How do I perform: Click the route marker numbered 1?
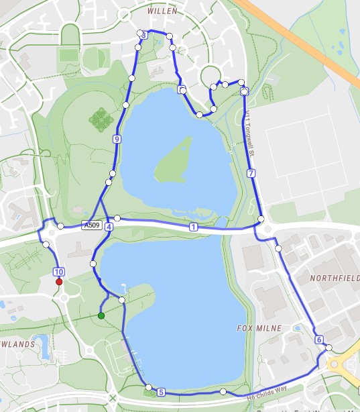coord(194,227)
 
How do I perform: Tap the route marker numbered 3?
coord(143,36)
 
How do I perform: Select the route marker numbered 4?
coord(109,227)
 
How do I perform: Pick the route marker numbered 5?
coord(161,392)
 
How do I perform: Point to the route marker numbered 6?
coord(318,339)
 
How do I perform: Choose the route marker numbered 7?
coord(251,173)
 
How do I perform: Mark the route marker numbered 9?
coord(117,140)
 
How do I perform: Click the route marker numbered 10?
coord(58,271)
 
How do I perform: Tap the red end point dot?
coord(59,282)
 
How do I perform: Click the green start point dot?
coord(101,315)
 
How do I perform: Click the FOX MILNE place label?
coord(257,328)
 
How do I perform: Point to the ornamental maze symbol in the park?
coord(101,120)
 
